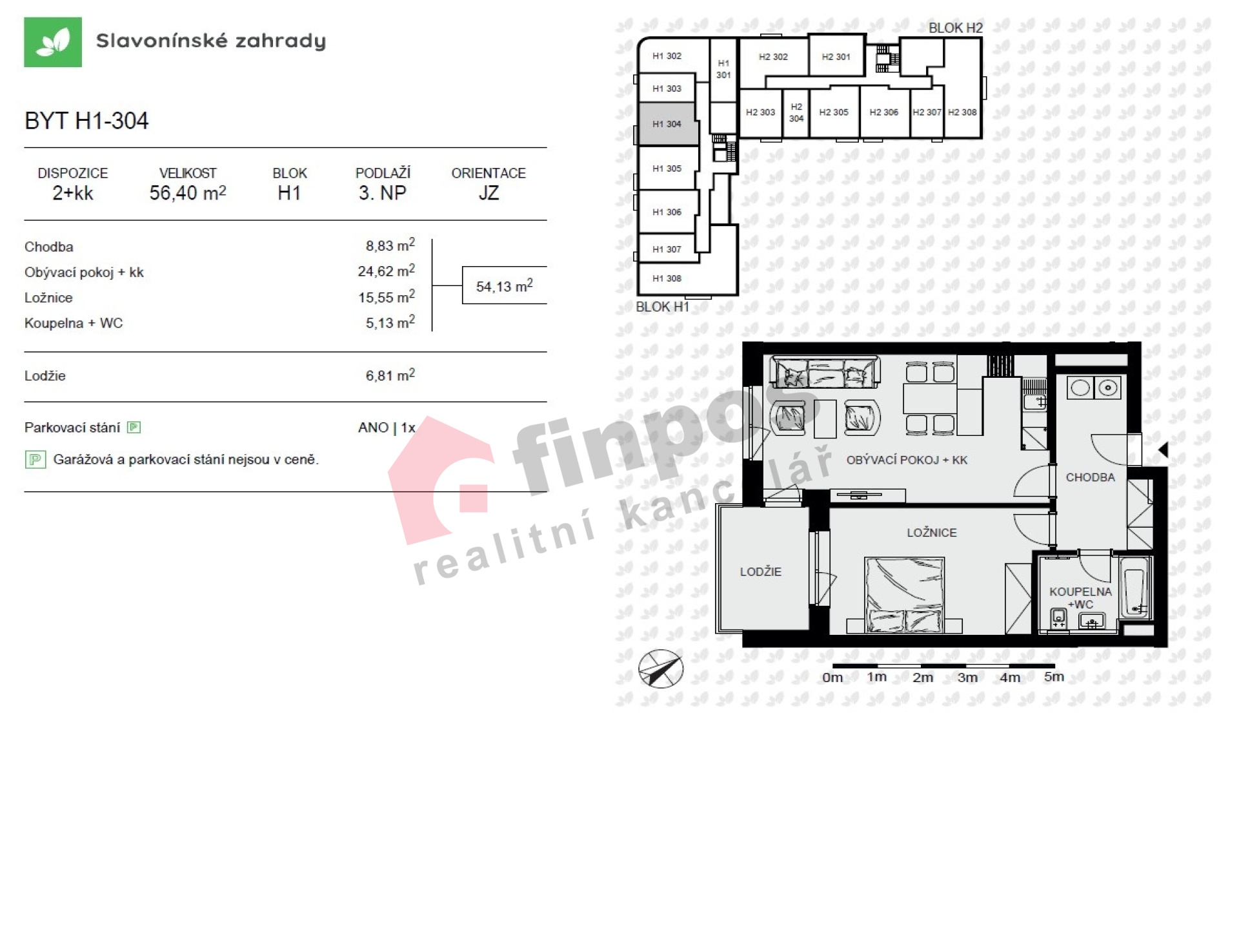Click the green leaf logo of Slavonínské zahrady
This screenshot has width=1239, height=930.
pos(53,42)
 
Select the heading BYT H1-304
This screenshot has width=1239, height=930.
pos(86,121)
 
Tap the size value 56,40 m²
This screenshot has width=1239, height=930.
pos(188,192)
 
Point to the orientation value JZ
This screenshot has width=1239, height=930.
pos(489,192)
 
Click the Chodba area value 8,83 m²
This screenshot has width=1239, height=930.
pos(390,245)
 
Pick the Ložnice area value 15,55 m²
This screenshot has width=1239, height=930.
pos(387,297)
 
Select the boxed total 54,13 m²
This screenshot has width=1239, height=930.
pos(505,285)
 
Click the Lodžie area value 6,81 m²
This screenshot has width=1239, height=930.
pos(390,375)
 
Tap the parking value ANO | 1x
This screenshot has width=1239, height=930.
pos(387,428)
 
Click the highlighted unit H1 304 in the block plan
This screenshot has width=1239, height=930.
pos(667,124)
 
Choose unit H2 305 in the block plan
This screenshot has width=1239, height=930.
pos(834,112)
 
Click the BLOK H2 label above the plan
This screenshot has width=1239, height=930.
pos(955,28)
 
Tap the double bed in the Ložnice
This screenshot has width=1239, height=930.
pos(904,594)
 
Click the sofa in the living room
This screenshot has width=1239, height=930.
pos(825,372)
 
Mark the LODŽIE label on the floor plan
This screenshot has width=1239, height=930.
pos(760,572)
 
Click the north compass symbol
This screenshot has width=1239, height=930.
pos(661,668)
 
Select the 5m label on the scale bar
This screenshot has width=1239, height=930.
pos(1054,677)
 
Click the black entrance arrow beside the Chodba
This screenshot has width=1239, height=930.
pos(1163,450)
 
